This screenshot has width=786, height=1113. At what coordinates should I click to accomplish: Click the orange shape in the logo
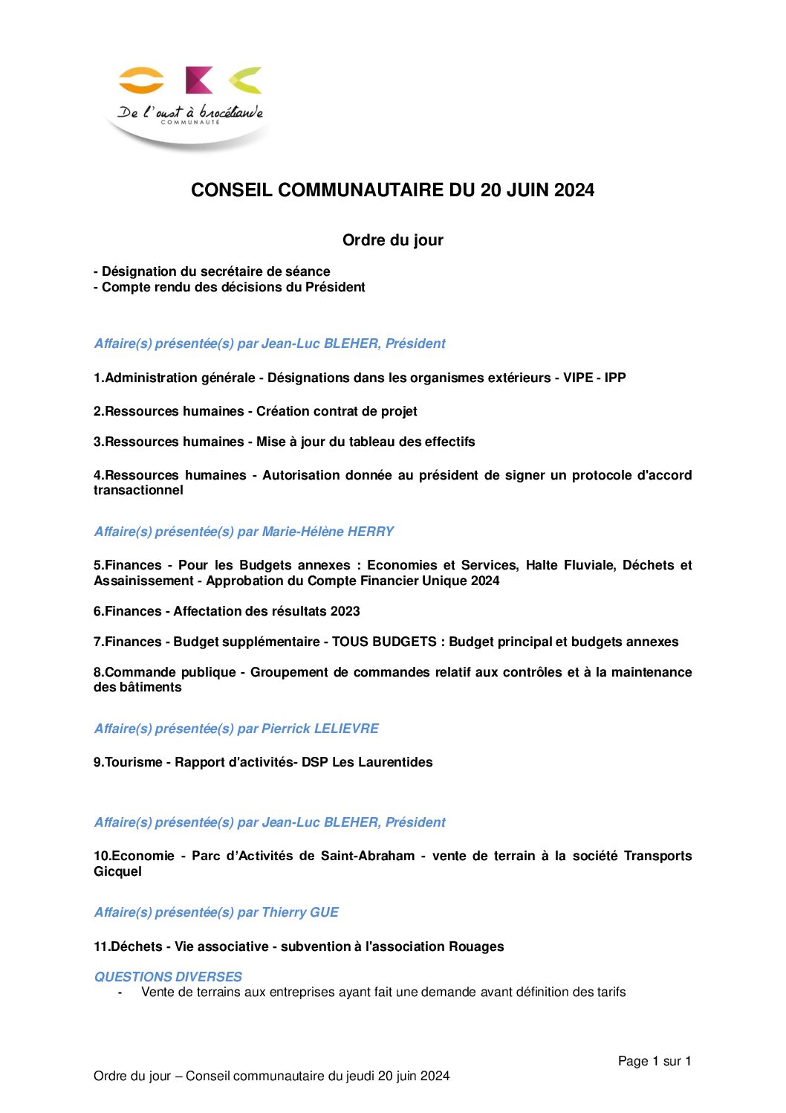pos(141,80)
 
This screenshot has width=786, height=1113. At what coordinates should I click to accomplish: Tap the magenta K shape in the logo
pos(198,80)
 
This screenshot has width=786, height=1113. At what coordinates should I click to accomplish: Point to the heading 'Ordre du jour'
pos(392,240)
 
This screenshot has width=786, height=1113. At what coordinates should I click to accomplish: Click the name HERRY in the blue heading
pos(370,532)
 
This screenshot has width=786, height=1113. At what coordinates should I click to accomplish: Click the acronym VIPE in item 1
pos(578,378)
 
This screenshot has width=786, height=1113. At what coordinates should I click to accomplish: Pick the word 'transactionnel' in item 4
pos(138,490)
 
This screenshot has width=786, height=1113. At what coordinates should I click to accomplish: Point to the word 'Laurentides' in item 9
pos(395,762)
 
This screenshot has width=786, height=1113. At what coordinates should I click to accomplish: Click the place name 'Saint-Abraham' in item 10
pos(368,856)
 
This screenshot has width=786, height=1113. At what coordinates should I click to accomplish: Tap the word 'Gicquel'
pos(117,871)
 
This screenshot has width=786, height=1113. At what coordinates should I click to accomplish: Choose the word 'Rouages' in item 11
pos(475,946)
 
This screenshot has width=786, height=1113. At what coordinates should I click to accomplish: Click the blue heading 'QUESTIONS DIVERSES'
pos(168,977)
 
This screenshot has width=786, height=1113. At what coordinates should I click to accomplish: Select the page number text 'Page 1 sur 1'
pos(655,1061)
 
